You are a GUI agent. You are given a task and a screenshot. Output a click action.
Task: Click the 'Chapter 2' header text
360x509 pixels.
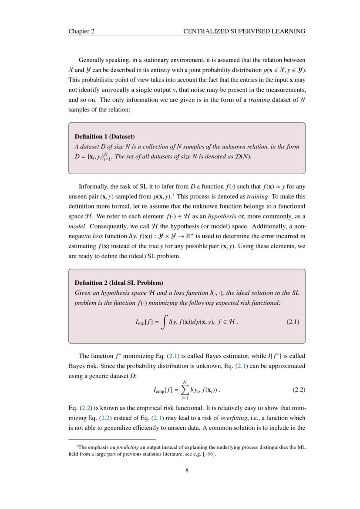(x=81, y=31)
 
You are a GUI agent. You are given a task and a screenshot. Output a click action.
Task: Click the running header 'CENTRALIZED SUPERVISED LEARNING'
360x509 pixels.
(x=244, y=31)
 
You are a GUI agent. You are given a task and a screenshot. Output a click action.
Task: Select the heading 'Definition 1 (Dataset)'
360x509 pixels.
(x=104, y=136)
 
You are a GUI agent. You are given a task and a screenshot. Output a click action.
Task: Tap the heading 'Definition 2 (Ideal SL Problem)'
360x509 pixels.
(x=119, y=283)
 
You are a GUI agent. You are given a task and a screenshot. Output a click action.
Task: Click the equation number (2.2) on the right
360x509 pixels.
(x=298, y=390)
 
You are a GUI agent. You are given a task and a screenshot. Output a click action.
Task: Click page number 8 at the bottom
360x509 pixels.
(x=187, y=470)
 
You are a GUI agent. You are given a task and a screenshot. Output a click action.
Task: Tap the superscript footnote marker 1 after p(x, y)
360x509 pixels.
(x=173, y=195)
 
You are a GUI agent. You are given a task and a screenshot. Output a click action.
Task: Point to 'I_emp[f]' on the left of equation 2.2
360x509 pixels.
(x=162, y=390)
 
